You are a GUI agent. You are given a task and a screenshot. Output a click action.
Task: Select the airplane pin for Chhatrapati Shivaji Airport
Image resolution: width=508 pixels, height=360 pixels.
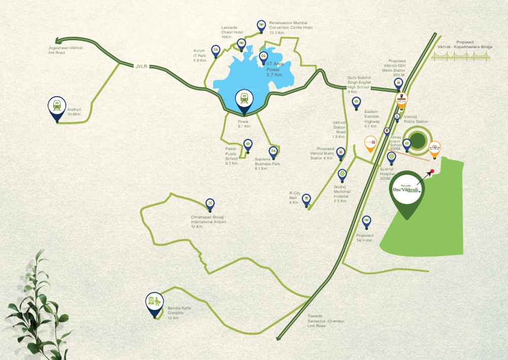tap(209, 204)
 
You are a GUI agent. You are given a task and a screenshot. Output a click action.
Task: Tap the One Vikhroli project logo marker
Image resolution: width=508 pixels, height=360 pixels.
tap(406, 191)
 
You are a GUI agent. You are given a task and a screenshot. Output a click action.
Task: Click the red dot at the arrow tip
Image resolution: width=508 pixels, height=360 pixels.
tap(432, 171)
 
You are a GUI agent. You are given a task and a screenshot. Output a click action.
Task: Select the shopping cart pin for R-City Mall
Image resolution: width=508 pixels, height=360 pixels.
tap(306, 199)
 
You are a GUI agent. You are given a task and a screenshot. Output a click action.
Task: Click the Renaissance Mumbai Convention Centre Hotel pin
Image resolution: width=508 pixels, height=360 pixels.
tap(261, 25)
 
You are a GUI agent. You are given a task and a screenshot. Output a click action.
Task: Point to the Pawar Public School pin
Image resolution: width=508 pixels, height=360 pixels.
tap(247, 145)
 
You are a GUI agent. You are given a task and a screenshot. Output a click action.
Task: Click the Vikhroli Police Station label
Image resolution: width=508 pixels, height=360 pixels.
tap(416, 120)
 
